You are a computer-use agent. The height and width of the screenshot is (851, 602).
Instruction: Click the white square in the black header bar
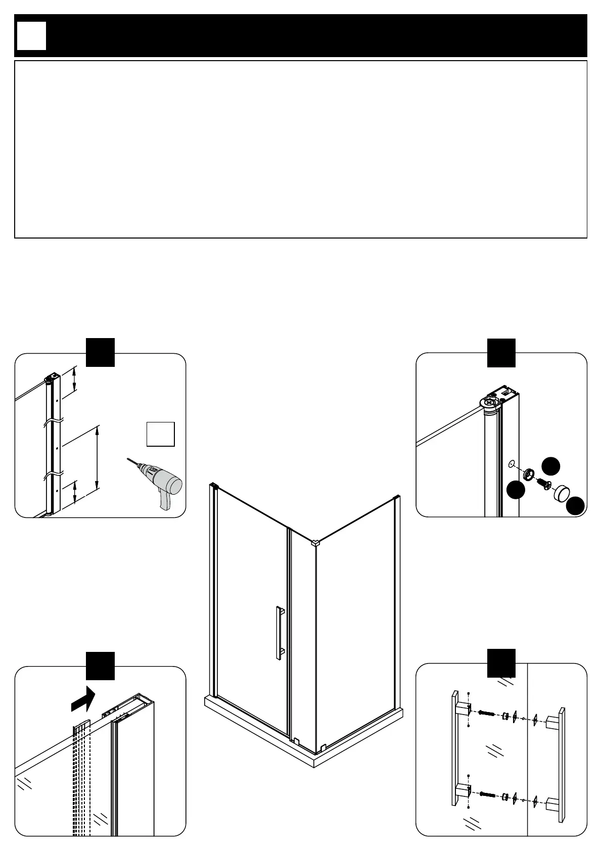(31, 36)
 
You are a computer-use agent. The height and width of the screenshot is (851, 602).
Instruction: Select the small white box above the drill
(161, 434)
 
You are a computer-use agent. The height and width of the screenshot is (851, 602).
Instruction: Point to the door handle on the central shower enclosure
(279, 631)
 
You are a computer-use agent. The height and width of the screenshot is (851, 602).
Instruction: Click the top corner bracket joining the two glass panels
(315, 543)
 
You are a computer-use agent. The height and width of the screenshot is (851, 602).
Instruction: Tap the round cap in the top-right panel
(562, 493)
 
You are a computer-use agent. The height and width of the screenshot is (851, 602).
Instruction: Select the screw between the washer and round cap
(543, 483)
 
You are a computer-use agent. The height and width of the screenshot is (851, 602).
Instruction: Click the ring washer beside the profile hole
(528, 474)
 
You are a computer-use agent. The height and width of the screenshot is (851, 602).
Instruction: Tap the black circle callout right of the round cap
(575, 506)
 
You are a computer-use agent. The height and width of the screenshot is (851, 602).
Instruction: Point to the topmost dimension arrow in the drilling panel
(75, 379)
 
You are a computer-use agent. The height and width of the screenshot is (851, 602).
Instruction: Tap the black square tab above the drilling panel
(101, 352)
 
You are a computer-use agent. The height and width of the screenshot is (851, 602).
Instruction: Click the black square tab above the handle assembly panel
(501, 663)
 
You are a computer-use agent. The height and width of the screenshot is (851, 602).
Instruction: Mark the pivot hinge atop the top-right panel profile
(490, 403)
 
